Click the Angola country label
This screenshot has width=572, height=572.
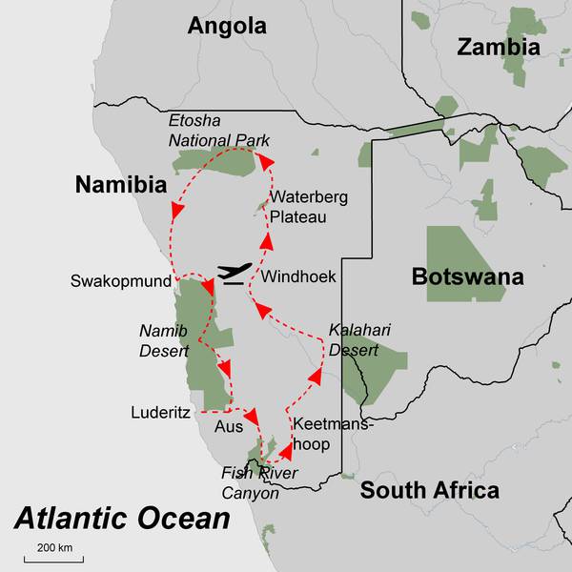click(x=227, y=26)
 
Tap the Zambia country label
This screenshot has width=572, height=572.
click(x=498, y=47)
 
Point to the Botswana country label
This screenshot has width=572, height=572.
click(x=467, y=277)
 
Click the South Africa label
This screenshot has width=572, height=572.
click(x=429, y=491)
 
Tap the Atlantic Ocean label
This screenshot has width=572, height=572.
click(x=122, y=520)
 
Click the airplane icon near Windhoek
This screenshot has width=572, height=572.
click(x=235, y=274)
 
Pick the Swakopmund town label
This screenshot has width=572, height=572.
click(x=121, y=282)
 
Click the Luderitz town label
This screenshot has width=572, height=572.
click(x=161, y=413)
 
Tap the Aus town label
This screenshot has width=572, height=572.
click(x=229, y=427)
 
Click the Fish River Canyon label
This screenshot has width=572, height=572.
click(x=259, y=483)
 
